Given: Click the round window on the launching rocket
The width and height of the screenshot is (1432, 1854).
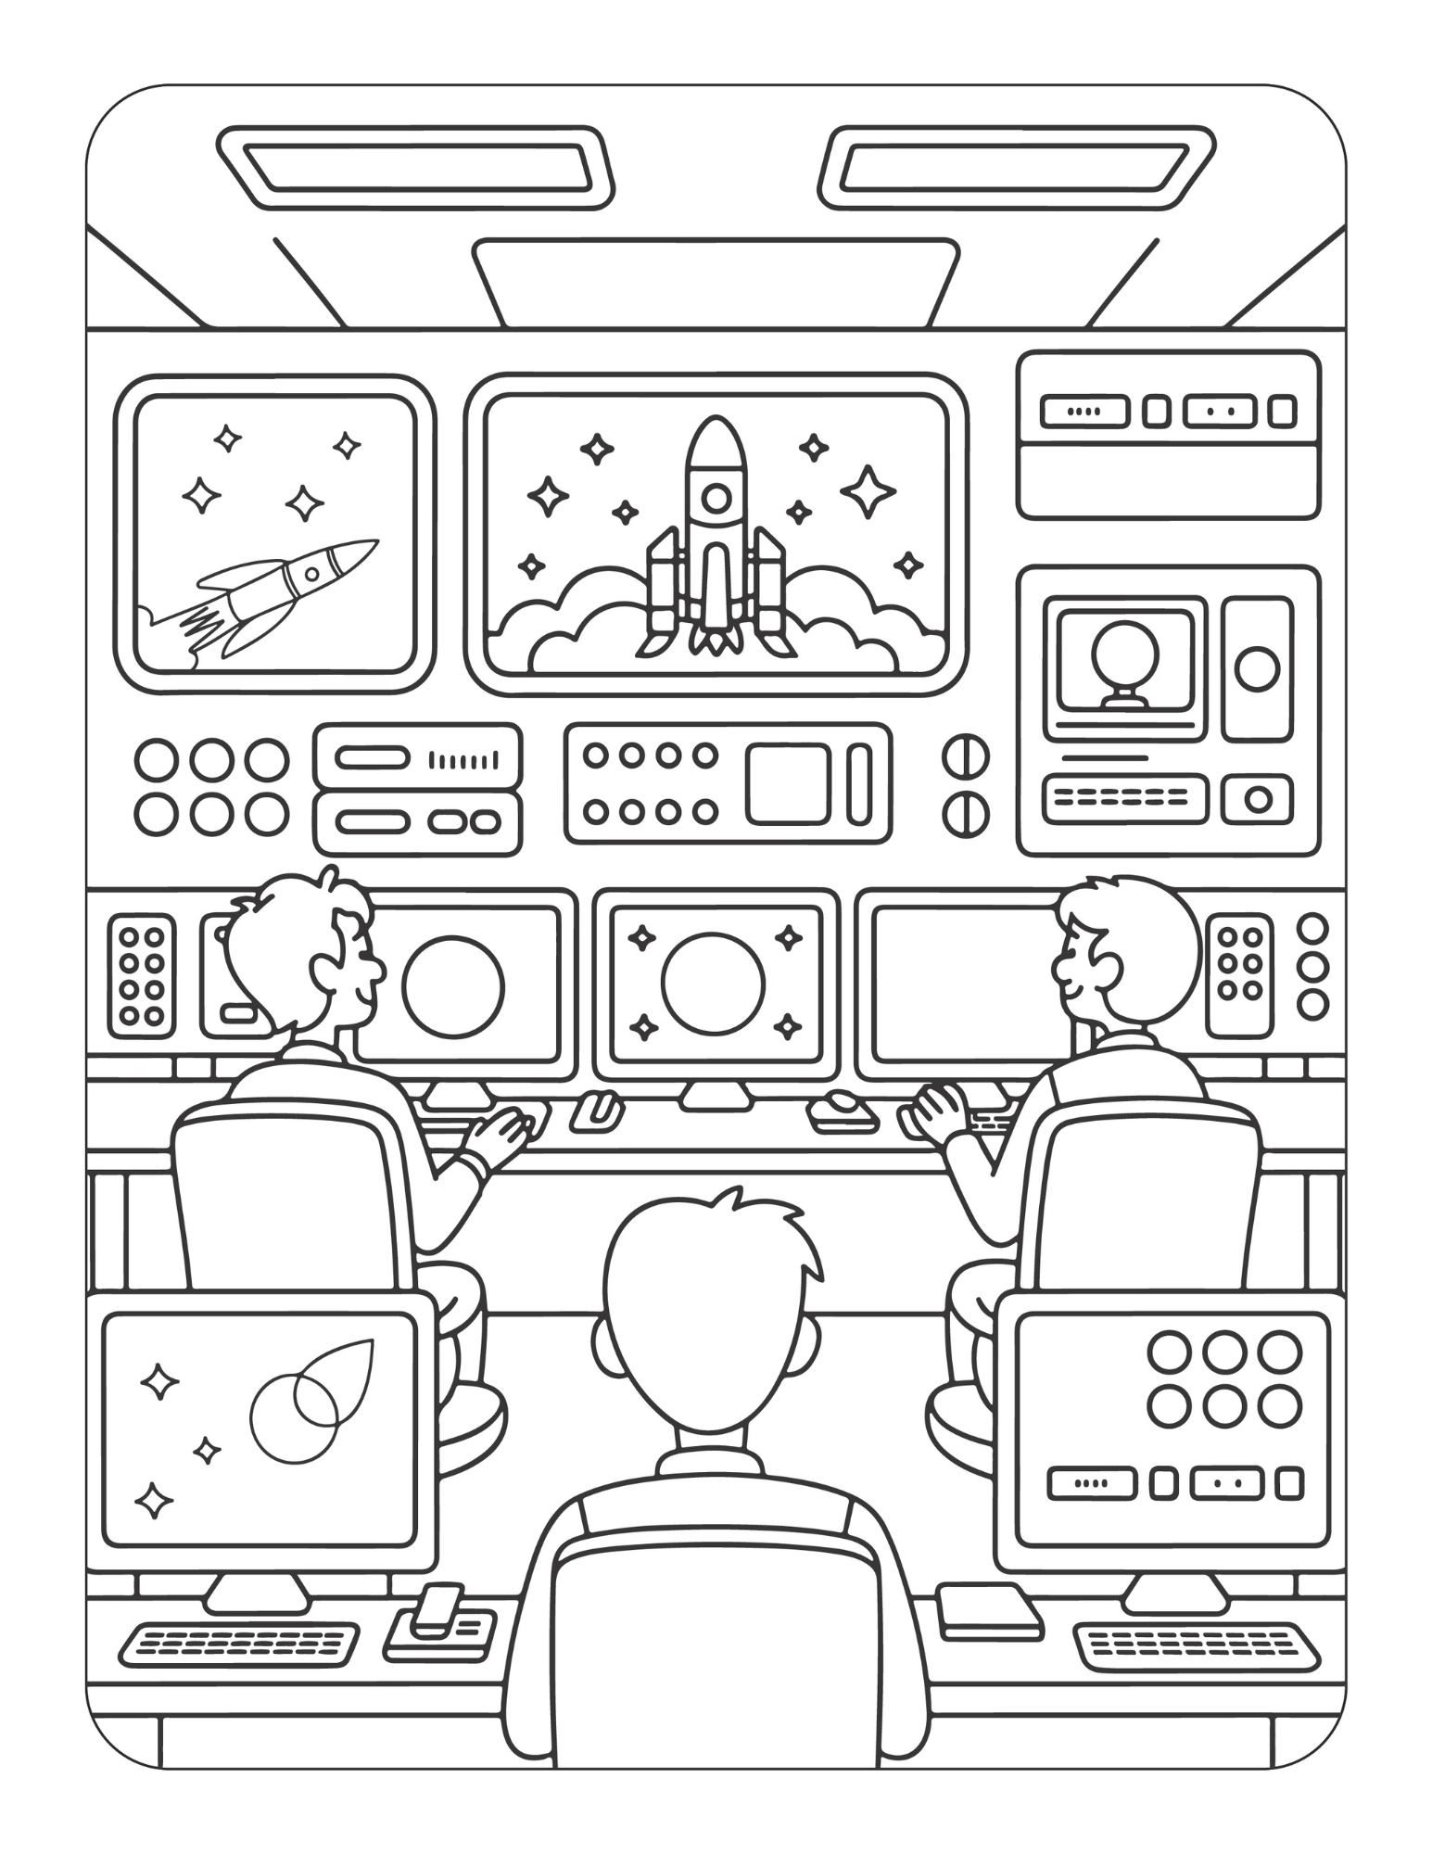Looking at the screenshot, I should coord(715,499).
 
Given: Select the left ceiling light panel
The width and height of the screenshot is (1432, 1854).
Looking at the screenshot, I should coord(415,167).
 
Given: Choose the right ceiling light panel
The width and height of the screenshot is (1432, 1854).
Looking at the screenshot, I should coord(1017,167).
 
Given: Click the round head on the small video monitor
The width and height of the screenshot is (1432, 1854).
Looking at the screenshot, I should coord(1125,652).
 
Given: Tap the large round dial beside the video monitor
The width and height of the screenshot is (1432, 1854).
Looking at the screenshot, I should coord(1257,668).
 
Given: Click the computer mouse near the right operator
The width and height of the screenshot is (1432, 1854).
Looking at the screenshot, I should coord(843,1106).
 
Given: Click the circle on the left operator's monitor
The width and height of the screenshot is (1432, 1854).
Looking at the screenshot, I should coord(454,984).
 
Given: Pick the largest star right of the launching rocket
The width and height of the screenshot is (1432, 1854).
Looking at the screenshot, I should coord(868,492).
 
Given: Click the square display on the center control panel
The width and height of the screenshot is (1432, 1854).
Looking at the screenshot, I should coord(787,783).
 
